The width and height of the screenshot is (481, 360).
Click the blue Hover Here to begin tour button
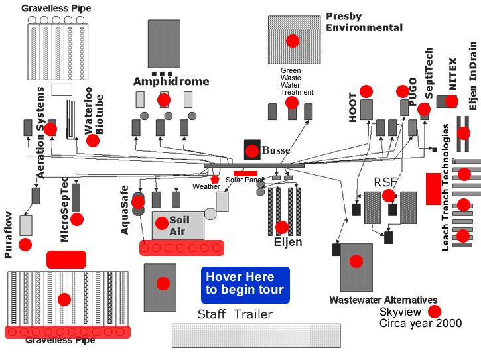pyautogui.click(x=245, y=285)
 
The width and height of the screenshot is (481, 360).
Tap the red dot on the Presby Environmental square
pyautogui.click(x=293, y=41)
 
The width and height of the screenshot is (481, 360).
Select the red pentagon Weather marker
pyautogui.click(x=215, y=179)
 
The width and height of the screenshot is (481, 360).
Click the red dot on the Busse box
pyautogui.click(x=252, y=151)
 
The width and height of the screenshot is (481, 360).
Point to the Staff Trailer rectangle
pyautogui.click(x=256, y=335)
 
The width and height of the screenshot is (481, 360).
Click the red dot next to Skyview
pyautogui.click(x=435, y=312)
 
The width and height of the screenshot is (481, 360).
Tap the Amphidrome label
pyautogui.click(x=171, y=82)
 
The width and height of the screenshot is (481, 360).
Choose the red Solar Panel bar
pyautogui.click(x=245, y=174)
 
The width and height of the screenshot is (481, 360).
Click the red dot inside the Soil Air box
pyautogui.click(x=162, y=223)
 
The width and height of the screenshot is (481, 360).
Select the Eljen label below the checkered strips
pyautogui.click(x=288, y=242)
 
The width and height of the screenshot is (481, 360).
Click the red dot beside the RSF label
pyautogui.click(x=389, y=196)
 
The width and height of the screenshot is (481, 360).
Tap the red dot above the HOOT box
pyautogui.click(x=366, y=91)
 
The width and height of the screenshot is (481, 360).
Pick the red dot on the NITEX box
pyautogui.click(x=452, y=101)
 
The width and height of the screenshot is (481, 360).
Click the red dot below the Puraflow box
pyautogui.click(x=25, y=245)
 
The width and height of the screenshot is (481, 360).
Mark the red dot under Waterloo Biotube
pyautogui.click(x=93, y=141)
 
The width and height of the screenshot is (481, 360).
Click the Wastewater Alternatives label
pyautogui.click(x=383, y=300)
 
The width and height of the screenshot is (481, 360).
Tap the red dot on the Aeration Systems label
pyautogui.click(x=50, y=129)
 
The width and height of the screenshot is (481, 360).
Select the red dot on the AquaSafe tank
pyautogui.click(x=138, y=202)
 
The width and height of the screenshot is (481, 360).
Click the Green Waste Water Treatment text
pyautogui.click(x=297, y=82)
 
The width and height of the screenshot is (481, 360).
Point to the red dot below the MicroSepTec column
pyautogui.click(x=77, y=219)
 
